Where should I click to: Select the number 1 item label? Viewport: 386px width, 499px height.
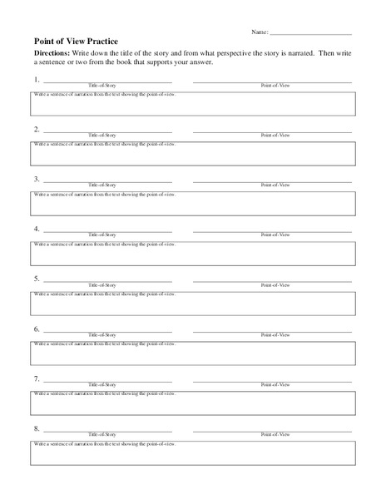37,80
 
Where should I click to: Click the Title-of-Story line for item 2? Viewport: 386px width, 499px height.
107,131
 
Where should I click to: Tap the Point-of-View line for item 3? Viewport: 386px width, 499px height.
272,180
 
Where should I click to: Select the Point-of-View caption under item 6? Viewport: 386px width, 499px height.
273,335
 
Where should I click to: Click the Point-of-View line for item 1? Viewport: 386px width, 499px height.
272,81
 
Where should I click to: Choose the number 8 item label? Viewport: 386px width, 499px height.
37,430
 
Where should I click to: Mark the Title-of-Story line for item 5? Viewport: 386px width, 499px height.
107,280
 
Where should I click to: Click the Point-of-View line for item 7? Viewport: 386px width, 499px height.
272,380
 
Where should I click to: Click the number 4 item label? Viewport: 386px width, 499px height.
37,230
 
